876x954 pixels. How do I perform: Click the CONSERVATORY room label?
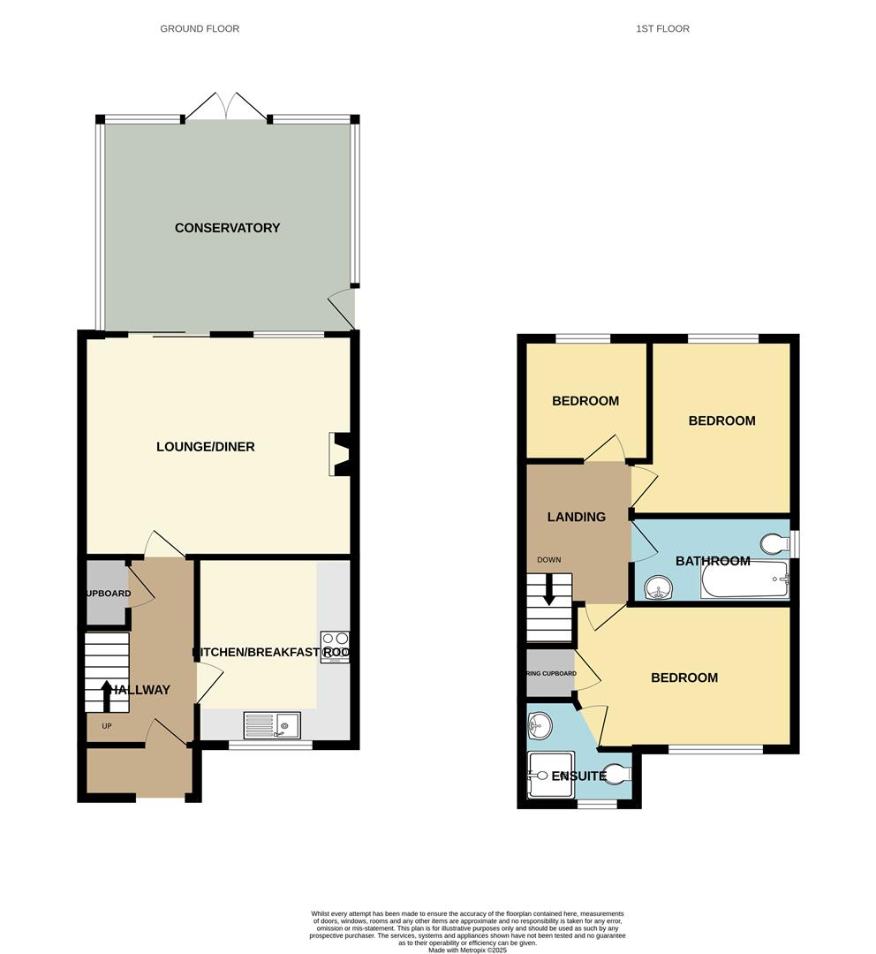tap(227, 228)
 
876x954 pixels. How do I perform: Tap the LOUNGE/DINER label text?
tap(205, 447)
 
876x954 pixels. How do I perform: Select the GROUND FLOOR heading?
tap(200, 29)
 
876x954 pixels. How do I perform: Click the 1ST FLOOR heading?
tap(662, 29)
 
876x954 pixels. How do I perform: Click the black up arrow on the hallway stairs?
tap(108, 694)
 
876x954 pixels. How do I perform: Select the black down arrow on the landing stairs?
tap(549, 590)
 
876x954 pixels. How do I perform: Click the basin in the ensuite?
tap(539, 727)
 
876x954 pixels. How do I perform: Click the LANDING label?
tap(576, 517)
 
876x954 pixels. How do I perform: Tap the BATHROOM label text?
tap(713, 561)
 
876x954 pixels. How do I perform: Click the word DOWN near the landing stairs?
tap(548, 560)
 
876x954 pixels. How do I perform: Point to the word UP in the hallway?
tap(107, 726)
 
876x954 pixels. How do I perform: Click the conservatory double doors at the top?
tap(226, 105)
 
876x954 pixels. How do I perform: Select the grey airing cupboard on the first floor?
tap(549, 673)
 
